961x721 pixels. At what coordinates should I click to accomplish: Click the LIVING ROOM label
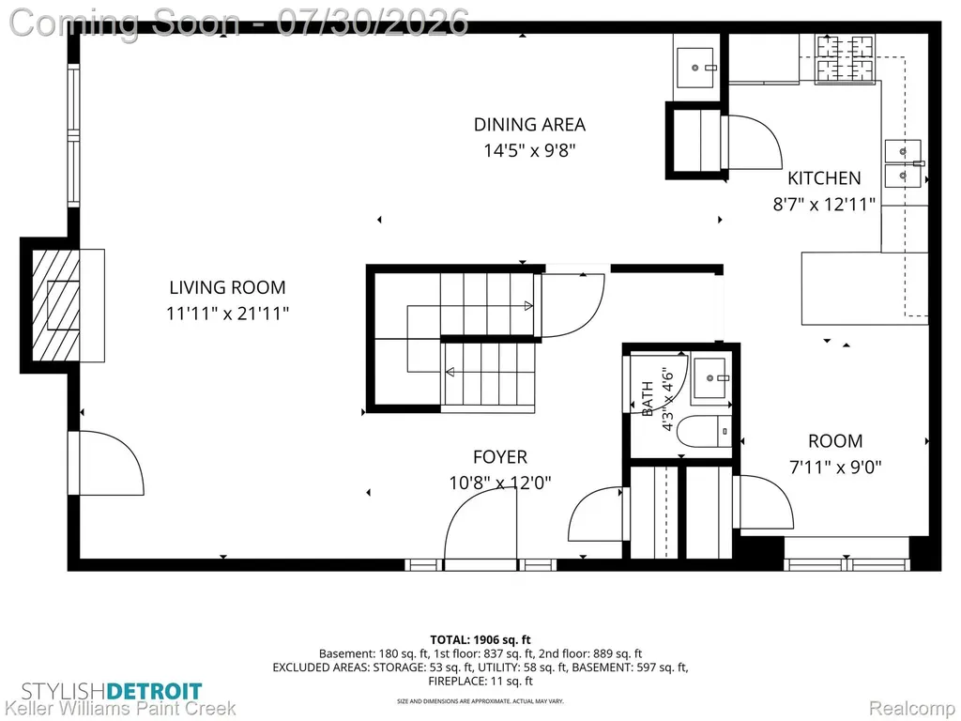click(x=227, y=287)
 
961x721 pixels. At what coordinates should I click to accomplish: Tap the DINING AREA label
click(x=529, y=125)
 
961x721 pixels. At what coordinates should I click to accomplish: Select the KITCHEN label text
click(x=824, y=177)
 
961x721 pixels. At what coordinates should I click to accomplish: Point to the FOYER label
click(x=500, y=457)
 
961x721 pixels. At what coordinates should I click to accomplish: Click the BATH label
click(x=648, y=398)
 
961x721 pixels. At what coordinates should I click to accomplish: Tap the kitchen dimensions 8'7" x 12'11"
click(x=824, y=204)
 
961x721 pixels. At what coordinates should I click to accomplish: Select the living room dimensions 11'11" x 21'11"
click(x=227, y=314)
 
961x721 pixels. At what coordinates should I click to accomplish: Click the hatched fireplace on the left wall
click(x=55, y=306)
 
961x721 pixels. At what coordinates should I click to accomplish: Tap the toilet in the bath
click(x=704, y=431)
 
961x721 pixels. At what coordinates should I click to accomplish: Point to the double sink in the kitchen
click(x=903, y=163)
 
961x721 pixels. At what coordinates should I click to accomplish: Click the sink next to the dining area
click(x=695, y=68)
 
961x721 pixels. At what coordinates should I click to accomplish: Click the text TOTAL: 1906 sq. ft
click(x=480, y=640)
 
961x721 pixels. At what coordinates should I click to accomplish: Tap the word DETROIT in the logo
click(x=154, y=692)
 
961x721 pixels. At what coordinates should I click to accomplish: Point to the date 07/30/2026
click(x=372, y=23)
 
